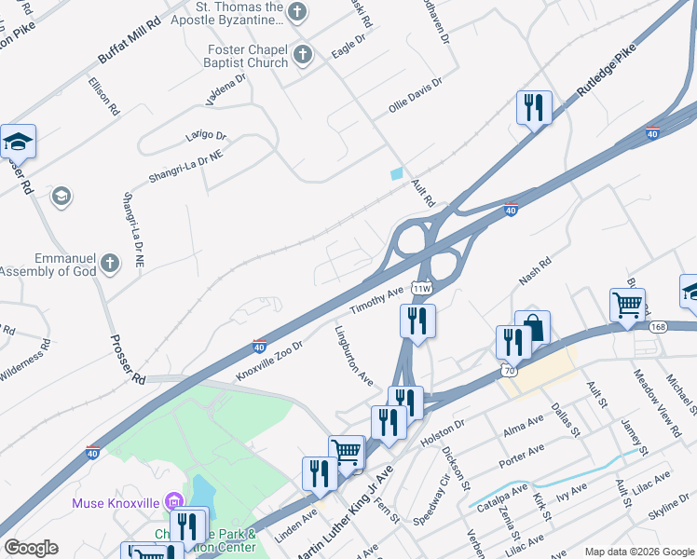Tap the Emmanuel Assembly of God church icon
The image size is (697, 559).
(x=111, y=264)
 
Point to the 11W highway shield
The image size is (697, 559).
(x=422, y=289)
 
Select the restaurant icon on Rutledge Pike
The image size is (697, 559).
(x=534, y=107)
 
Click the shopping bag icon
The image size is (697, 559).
(x=532, y=327)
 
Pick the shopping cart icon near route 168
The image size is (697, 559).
(x=627, y=305)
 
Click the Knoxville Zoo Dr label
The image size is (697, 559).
(x=270, y=361)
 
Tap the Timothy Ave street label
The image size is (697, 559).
(x=376, y=300)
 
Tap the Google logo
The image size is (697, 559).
(x=31, y=548)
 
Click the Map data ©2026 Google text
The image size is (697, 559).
(x=638, y=552)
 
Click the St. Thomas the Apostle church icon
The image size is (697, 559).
(x=297, y=13)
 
